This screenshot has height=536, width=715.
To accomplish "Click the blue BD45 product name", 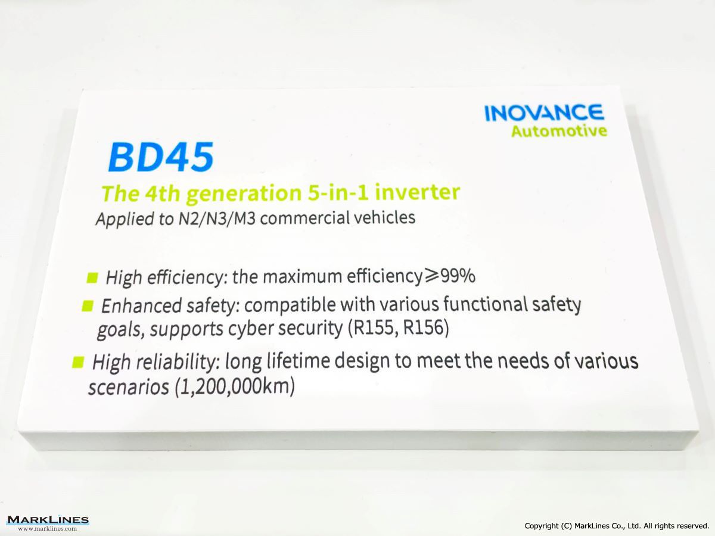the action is coord(161,157).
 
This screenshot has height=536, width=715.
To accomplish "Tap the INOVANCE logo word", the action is coord(544,113).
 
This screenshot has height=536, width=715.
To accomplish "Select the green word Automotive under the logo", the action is coord(559,131).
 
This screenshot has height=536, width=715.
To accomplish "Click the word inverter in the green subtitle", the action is coord(418,192).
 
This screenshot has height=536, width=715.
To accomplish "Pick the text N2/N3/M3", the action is coord(217,219).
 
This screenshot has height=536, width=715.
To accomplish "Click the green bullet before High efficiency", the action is coord(92,278).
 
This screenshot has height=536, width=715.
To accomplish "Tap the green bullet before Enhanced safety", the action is coord(88,306).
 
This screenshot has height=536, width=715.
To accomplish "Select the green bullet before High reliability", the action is coord(78,362).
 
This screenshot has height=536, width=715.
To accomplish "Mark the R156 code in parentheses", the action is coord(424,328).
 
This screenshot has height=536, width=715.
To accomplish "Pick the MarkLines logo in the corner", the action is coord(48,519).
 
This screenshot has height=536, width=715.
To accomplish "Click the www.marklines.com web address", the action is coord(48,528).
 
